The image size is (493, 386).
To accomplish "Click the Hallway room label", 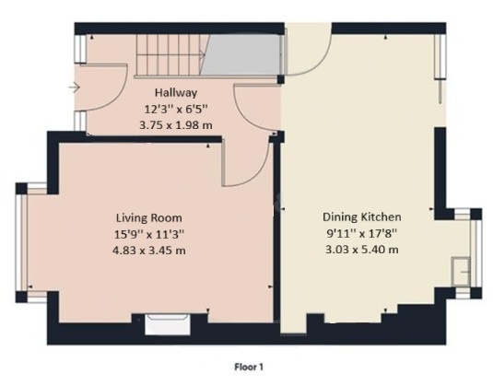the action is click(176, 93).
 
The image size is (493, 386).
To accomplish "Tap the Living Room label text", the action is click(149, 217).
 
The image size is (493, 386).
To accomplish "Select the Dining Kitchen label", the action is click(362, 216).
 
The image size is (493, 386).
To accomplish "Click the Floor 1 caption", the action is click(249, 367).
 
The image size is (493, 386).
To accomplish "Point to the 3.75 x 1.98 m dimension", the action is click(176, 125).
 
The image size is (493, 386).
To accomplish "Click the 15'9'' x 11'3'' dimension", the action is click(149, 234).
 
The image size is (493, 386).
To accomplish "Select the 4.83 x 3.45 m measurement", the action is click(149, 251).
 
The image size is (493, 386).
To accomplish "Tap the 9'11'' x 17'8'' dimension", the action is click(362, 233).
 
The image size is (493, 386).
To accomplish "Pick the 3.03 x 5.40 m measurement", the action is click(362, 250).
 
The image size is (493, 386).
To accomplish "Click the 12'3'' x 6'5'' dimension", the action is click(176, 109).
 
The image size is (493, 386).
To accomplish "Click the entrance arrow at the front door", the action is click(75, 88).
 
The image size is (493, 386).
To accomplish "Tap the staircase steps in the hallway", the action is click(169, 55).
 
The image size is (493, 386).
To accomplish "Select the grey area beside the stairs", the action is click(241, 54).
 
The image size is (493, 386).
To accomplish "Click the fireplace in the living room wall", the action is click(168, 324).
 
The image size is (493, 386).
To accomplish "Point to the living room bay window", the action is click(22, 242).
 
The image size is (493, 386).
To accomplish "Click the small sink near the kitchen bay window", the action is click(461, 271).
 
